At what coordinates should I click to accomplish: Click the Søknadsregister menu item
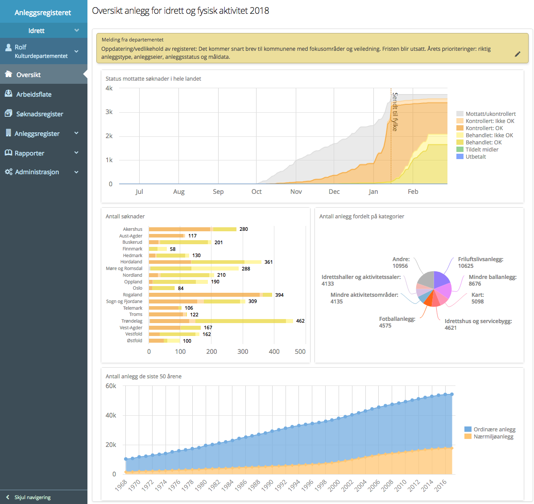[x=39, y=114]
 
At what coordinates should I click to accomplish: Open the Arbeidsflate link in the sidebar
[x=34, y=94]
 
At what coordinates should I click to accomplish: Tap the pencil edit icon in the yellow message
[x=517, y=54]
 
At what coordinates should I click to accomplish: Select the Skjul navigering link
[x=32, y=497]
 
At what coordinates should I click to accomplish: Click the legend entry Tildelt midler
[x=481, y=150]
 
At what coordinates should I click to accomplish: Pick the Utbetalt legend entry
[x=476, y=157]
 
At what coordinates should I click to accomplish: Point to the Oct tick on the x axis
[x=257, y=192]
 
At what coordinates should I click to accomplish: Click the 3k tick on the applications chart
[x=109, y=112]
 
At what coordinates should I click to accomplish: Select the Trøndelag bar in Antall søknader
[x=221, y=321]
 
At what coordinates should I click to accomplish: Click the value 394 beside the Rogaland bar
[x=279, y=295]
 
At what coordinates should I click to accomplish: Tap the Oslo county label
[x=137, y=288]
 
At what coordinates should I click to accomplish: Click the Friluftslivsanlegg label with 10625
[x=480, y=262]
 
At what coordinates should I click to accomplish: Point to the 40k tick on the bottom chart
[x=111, y=415]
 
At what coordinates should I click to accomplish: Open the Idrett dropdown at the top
[x=44, y=31]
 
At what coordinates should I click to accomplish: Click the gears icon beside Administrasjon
[x=8, y=172]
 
